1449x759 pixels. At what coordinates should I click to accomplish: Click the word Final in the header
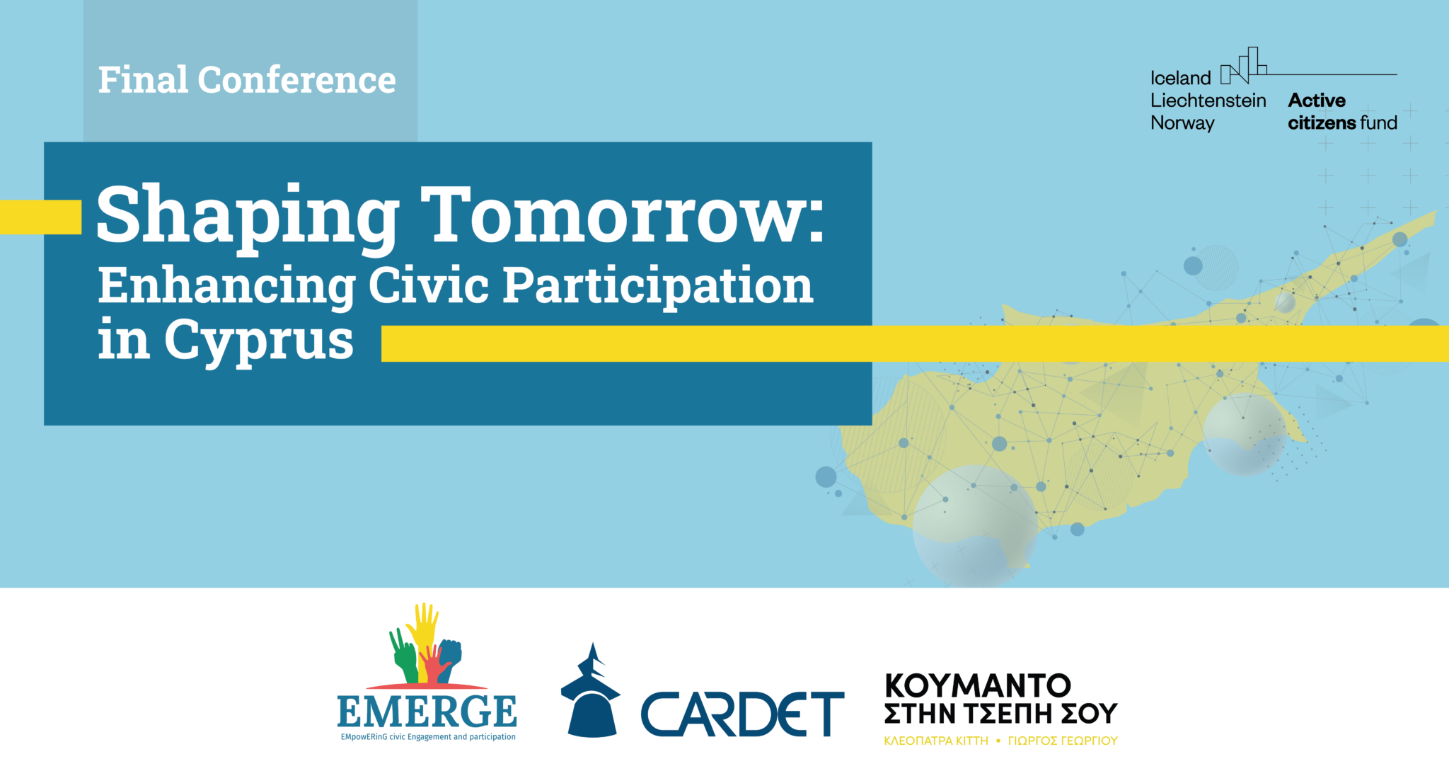click(143, 79)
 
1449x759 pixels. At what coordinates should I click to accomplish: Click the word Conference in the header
click(297, 79)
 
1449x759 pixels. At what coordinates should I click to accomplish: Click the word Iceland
click(1181, 78)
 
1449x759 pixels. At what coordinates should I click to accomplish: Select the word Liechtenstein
click(1208, 101)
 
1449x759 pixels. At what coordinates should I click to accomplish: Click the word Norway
click(1182, 123)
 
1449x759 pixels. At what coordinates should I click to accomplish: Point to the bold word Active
click(1317, 101)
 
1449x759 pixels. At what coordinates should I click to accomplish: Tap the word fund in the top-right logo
click(1378, 122)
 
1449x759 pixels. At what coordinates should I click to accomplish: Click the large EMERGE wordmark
click(427, 711)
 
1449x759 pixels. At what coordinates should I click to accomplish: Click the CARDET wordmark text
click(743, 714)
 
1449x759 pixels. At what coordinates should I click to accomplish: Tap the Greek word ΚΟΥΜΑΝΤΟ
click(978, 685)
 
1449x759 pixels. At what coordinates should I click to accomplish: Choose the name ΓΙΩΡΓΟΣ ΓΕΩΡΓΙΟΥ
click(1063, 741)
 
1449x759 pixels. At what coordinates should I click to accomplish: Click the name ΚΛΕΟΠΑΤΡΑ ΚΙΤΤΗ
click(936, 741)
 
